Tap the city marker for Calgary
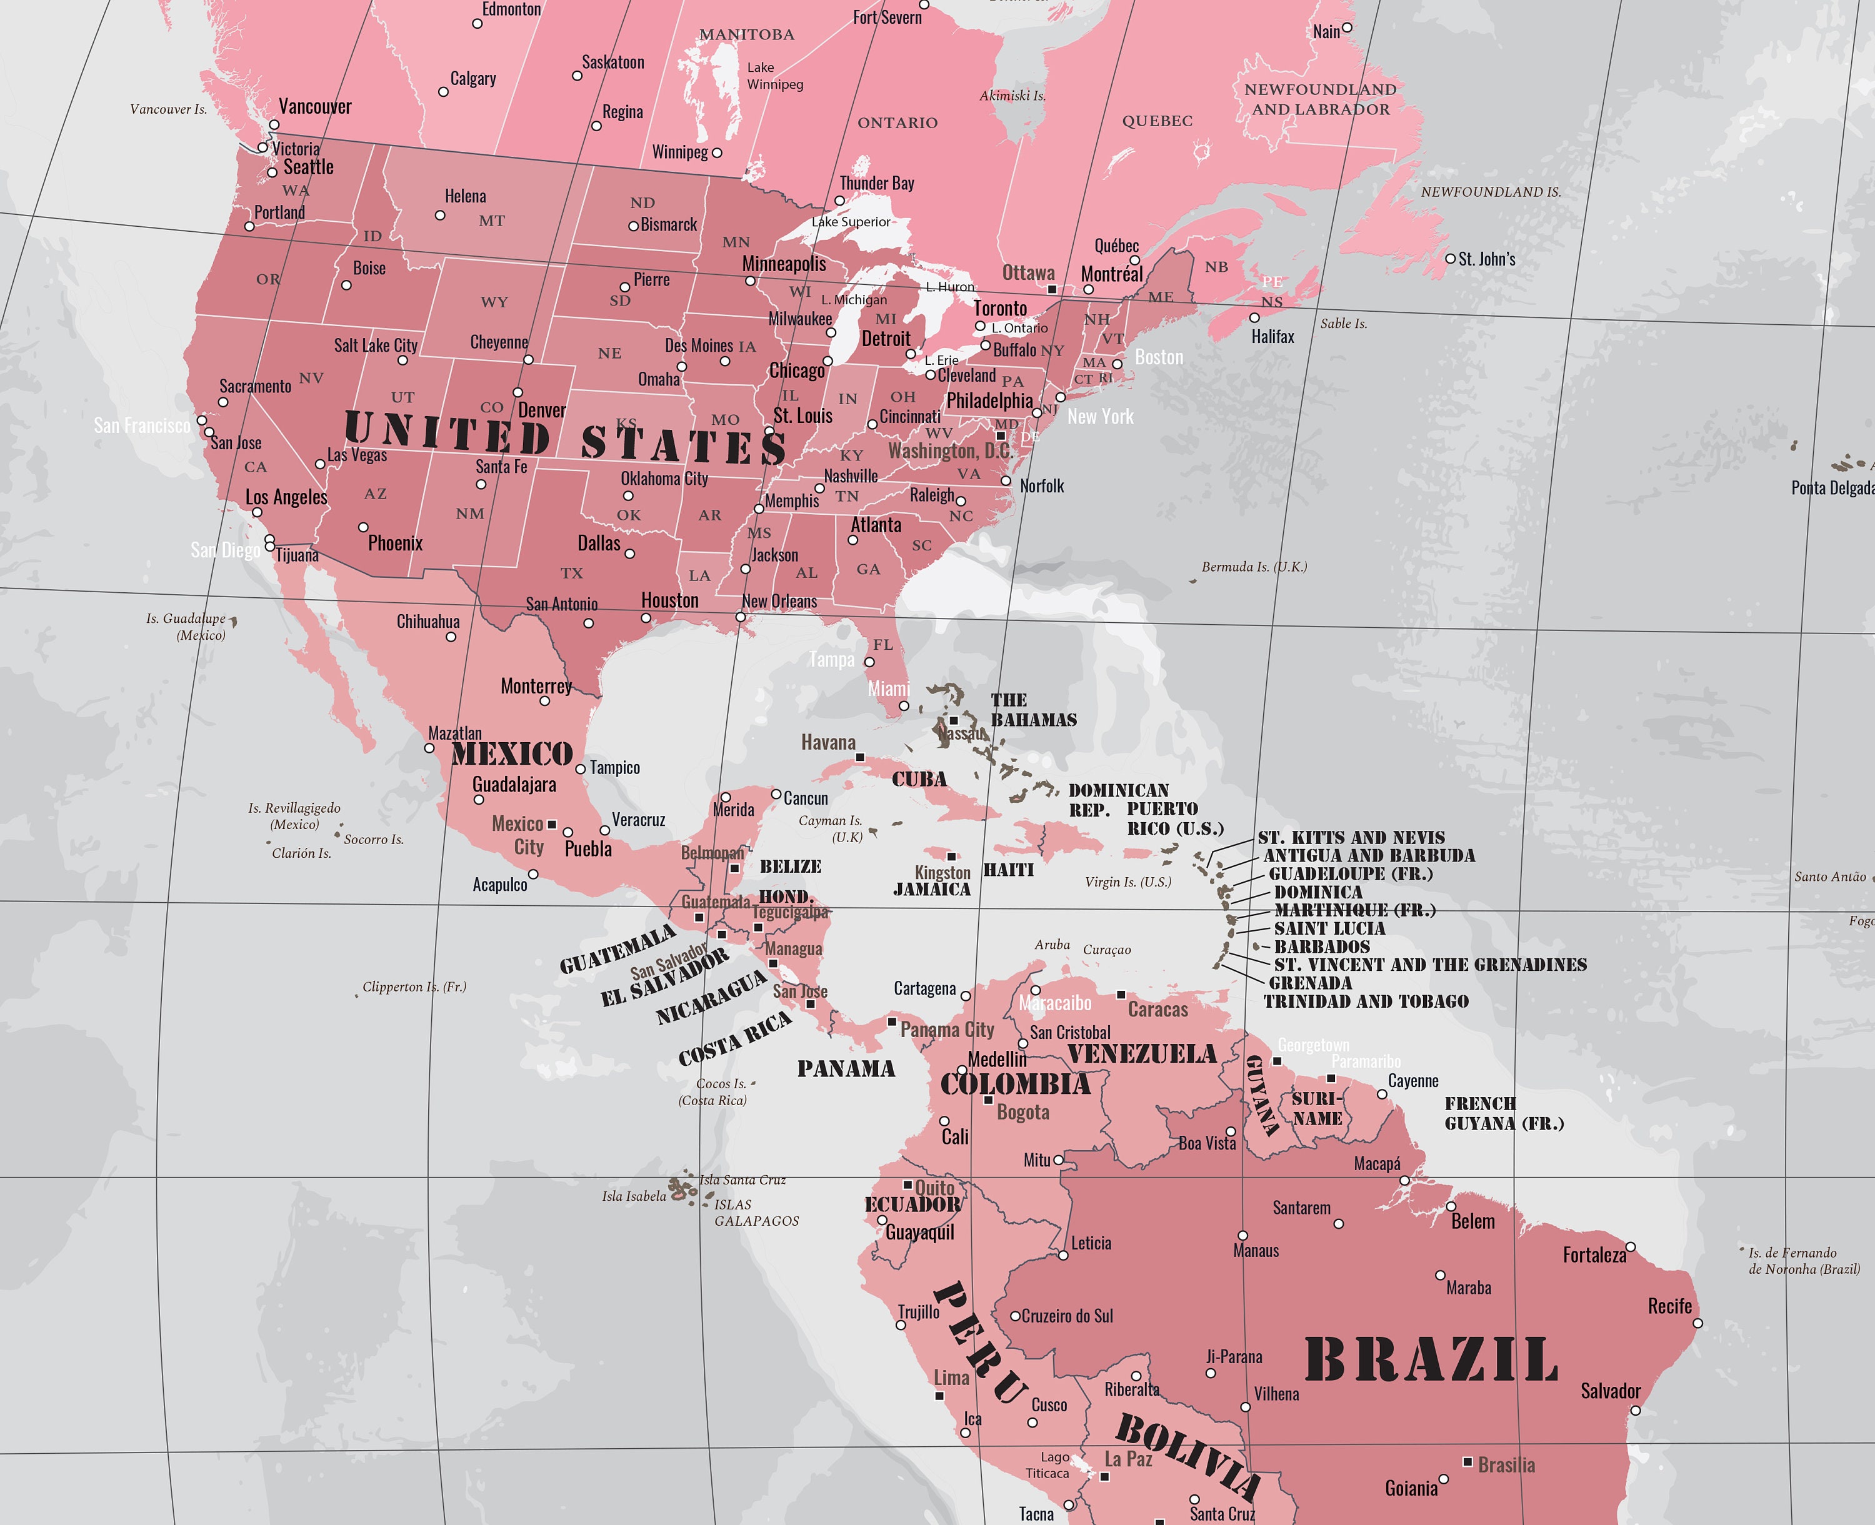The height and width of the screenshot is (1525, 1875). point(444,91)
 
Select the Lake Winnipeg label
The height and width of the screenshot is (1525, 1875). point(775,76)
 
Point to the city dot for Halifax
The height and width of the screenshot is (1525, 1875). point(1254,318)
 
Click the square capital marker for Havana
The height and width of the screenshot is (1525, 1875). point(860,757)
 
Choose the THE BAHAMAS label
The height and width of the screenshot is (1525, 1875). point(1033,710)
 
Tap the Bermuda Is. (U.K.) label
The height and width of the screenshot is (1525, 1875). point(1254,567)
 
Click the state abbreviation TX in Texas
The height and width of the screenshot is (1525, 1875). point(572,573)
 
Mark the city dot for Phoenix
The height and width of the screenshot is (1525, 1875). point(363,527)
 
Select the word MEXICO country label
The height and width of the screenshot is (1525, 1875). point(512,753)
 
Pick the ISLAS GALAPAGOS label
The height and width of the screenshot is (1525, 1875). point(756,1212)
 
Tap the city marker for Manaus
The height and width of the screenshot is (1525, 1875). point(1242,1236)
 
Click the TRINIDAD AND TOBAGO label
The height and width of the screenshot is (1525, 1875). point(1366,1001)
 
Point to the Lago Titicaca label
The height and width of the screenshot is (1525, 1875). point(1048,1465)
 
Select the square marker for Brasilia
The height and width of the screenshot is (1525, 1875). point(1467,1462)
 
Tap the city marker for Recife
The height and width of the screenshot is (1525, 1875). point(1697,1323)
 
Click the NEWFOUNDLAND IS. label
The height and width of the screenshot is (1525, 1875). point(1491,192)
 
